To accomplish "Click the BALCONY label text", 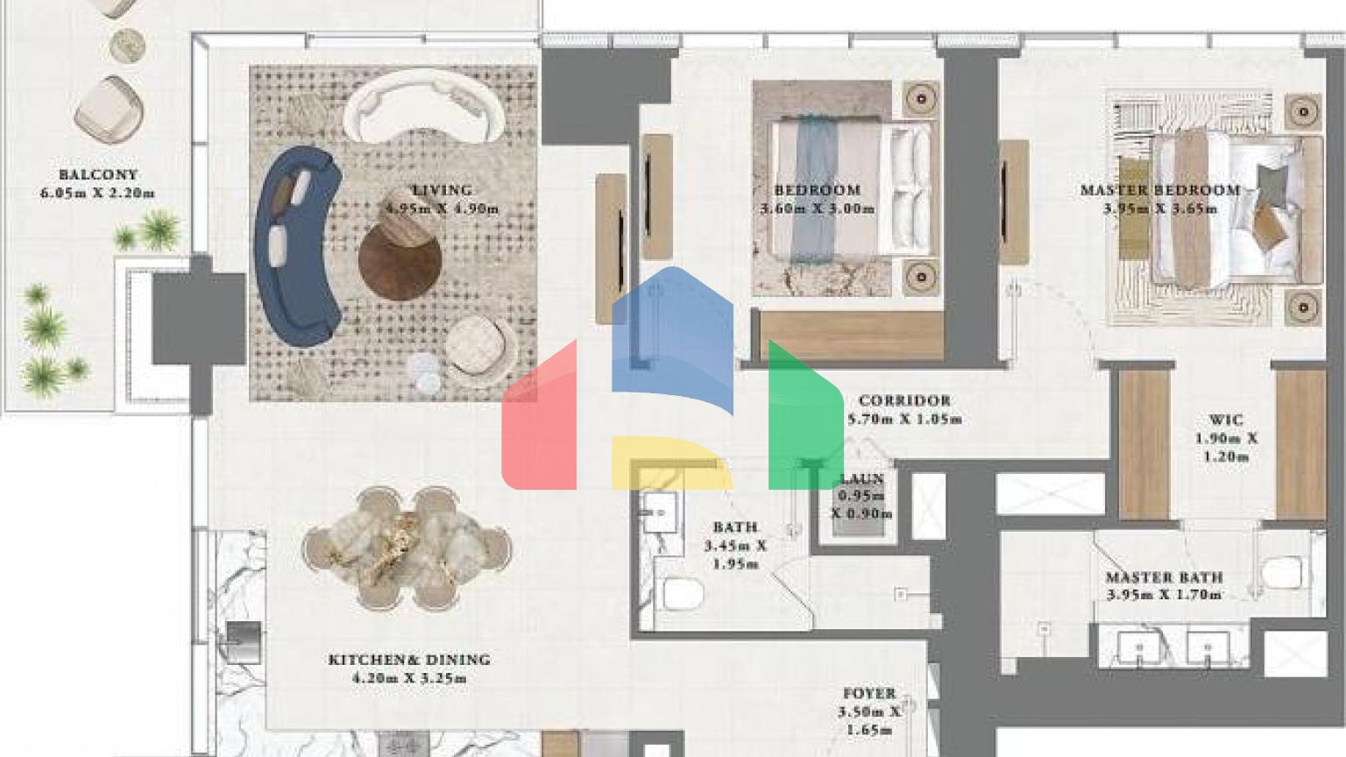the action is pos(98,175).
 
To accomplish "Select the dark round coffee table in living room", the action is pos(400,259).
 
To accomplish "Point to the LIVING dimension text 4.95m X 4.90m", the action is pos(443,209).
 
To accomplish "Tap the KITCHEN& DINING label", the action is pos(409,660).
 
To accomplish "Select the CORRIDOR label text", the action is pos(904,400).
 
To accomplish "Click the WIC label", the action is pos(1226,420).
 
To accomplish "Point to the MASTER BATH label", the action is pos(1164,577).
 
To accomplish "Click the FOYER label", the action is pos(869,693).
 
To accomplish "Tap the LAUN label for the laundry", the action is pos(861,479).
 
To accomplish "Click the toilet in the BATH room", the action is pos(684,594).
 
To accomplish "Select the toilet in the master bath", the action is pos(1281,572).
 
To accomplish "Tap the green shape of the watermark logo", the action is pos(805,414).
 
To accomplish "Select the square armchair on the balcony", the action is pos(109,110).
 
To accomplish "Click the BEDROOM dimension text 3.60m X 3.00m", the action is pos(818,209).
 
